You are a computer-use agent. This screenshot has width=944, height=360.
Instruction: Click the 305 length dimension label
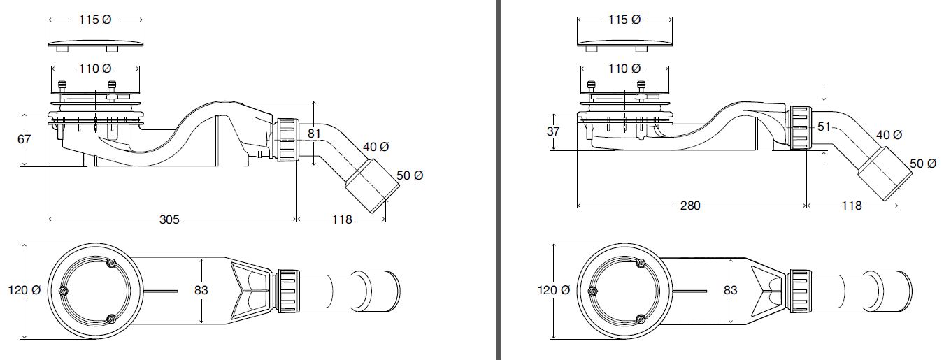point(170,219)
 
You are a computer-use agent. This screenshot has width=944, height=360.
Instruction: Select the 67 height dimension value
point(24,139)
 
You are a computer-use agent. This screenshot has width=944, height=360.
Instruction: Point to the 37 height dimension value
point(552,131)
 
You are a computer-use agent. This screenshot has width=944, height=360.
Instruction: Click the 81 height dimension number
point(314,132)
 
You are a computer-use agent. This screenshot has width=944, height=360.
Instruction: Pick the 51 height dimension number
point(824,127)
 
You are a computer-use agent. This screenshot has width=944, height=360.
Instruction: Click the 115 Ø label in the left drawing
point(95,20)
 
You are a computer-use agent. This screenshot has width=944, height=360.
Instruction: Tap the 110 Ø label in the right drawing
point(624,69)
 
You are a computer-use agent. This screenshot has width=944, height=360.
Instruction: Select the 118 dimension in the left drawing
point(343,219)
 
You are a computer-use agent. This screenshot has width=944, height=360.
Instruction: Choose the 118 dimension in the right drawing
point(852,206)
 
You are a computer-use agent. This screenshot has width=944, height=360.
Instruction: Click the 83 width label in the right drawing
point(731,289)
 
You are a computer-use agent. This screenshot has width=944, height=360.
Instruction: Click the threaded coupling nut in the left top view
point(288,289)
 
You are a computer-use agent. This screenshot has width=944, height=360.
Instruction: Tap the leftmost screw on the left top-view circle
point(64,291)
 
